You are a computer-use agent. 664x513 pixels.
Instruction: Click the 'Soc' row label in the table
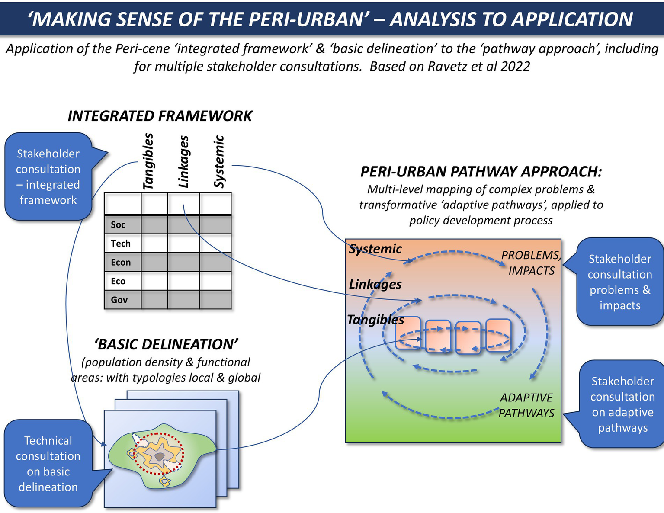(x=118, y=224)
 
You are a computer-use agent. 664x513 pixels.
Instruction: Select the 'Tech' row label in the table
(x=120, y=244)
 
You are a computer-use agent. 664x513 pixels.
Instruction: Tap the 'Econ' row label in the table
(x=121, y=262)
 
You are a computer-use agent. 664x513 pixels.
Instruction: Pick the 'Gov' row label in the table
(x=119, y=300)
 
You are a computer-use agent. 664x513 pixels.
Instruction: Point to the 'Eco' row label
(x=118, y=281)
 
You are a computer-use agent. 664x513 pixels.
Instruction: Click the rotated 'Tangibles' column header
(x=148, y=161)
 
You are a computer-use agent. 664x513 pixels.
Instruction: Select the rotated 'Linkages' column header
(x=184, y=162)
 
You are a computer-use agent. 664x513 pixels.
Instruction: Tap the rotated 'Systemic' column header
(x=219, y=162)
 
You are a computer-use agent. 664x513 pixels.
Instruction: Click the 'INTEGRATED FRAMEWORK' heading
(x=160, y=116)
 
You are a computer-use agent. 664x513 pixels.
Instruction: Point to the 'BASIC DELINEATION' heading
(x=166, y=344)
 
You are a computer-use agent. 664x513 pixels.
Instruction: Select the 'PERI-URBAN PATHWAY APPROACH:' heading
(x=481, y=172)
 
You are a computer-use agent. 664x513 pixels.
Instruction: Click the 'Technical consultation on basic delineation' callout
(x=48, y=464)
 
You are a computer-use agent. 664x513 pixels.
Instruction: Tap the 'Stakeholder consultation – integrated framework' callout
(x=48, y=176)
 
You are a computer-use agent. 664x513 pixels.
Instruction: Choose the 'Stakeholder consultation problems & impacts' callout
(x=620, y=282)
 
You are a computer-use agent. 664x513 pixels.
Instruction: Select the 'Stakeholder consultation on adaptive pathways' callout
(x=622, y=404)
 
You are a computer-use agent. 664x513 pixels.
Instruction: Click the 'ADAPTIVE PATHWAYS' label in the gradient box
(x=526, y=405)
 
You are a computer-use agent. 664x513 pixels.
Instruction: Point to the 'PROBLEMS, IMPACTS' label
(x=531, y=263)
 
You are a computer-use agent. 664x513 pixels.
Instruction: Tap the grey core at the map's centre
(x=160, y=457)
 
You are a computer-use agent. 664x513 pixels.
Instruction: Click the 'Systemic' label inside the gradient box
(x=375, y=249)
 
